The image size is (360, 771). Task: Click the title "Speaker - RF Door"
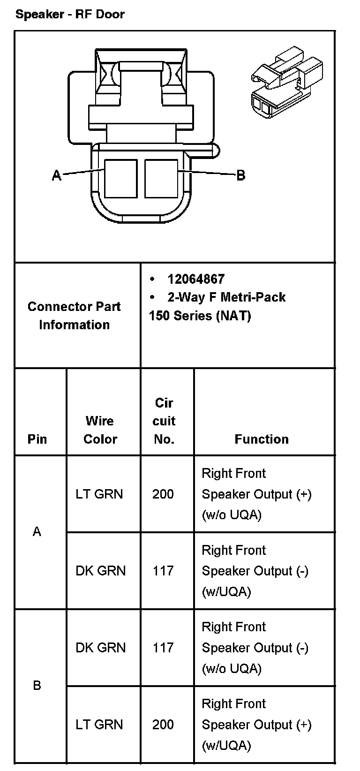(x=70, y=14)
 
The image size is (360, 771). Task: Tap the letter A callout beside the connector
(x=57, y=176)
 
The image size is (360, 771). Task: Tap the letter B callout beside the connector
(x=240, y=175)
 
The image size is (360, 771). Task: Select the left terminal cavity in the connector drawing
(x=120, y=179)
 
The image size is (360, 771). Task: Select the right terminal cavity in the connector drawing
(x=161, y=179)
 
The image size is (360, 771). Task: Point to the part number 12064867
(x=196, y=279)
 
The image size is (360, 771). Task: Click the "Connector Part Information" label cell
(x=74, y=315)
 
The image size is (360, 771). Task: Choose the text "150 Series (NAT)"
(x=200, y=316)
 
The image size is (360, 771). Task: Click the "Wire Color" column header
(x=100, y=430)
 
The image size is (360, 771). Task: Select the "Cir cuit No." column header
(x=164, y=421)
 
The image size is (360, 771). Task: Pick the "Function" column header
(x=262, y=439)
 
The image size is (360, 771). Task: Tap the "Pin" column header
(x=37, y=439)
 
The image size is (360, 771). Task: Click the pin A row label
(x=37, y=532)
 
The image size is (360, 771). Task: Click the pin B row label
(x=37, y=686)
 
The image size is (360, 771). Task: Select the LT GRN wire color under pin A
(x=99, y=494)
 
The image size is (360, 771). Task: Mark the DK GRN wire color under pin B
(x=100, y=648)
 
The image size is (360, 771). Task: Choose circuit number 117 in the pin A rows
(x=163, y=571)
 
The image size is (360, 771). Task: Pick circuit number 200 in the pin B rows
(x=163, y=725)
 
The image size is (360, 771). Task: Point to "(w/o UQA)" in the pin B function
(x=231, y=668)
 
